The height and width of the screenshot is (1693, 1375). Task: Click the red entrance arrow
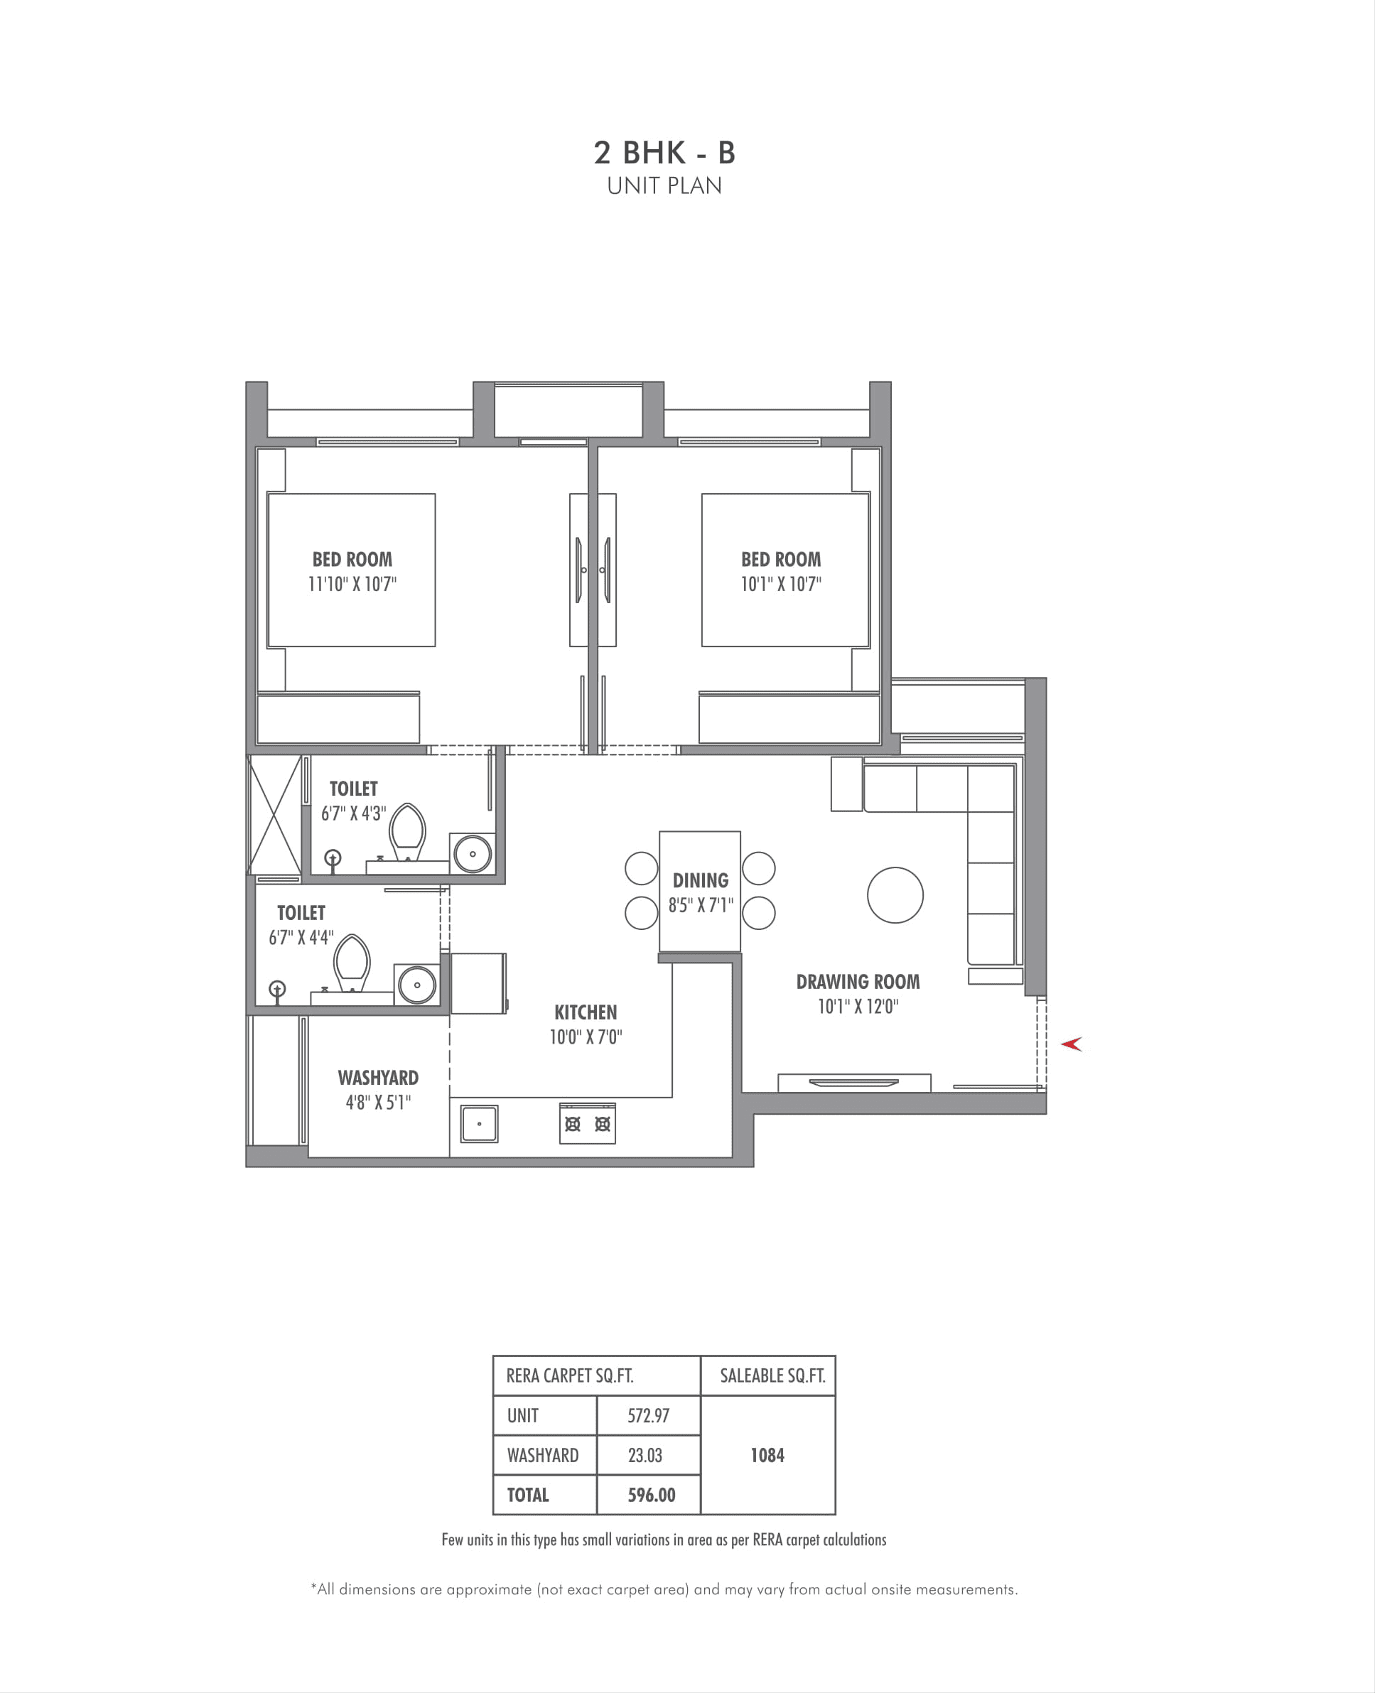point(1072,1044)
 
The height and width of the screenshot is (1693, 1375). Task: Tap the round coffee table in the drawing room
point(895,896)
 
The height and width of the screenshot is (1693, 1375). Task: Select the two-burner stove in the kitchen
point(587,1124)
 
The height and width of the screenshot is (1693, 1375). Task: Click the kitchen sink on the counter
point(479,1124)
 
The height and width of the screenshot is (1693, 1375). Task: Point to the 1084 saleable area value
point(767,1456)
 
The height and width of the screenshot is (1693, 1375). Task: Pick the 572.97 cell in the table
point(648,1416)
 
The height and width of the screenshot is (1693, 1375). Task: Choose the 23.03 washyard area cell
point(645,1456)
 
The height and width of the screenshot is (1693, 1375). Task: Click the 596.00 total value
point(651,1495)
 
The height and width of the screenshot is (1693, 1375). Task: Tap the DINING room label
point(700,880)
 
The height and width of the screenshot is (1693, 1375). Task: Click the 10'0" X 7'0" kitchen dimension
point(586,1037)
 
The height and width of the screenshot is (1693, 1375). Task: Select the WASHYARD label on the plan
point(378,1078)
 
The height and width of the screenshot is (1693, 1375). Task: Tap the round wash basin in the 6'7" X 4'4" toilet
point(416,985)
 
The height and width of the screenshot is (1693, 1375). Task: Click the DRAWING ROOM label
point(858,982)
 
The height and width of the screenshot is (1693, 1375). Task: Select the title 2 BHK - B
point(664,153)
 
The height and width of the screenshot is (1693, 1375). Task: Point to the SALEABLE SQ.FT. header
point(772,1376)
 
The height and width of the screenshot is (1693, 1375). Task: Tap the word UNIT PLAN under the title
point(664,186)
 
